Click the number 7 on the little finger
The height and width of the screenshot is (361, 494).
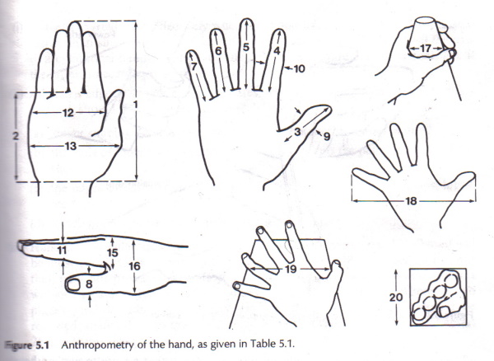tap(193, 66)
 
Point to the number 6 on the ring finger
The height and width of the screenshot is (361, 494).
tap(219, 51)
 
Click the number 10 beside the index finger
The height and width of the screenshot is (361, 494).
tap(299, 70)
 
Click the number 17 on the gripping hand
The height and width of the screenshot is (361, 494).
tap(425, 49)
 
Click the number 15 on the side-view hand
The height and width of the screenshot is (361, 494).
tap(114, 253)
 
